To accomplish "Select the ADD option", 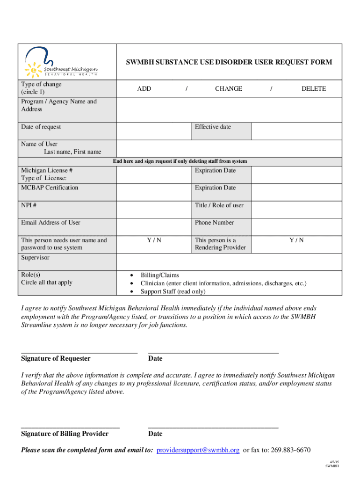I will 144,88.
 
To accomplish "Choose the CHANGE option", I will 228,88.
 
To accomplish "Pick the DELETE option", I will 313,88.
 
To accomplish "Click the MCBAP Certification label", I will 50,188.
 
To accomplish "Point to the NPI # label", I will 29,205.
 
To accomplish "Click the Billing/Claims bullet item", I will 159,275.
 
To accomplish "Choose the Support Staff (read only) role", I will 173,291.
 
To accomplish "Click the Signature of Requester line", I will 79,351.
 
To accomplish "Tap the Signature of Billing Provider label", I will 65,434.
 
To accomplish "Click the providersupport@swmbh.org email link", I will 198,450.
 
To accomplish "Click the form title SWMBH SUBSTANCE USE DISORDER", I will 228,62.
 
